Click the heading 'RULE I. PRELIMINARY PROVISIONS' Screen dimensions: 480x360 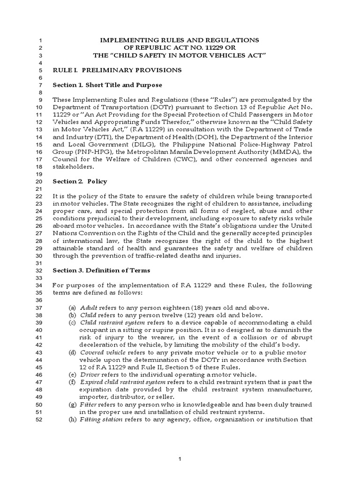point(117,70)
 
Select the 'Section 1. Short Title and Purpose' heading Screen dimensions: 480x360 point(107,85)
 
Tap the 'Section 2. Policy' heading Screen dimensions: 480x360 point(80,181)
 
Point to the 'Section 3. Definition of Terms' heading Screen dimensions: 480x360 point(101,270)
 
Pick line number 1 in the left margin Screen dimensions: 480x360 point(40,41)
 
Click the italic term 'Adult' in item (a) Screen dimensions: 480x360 point(88,308)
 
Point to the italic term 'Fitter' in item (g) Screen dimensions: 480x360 point(89,405)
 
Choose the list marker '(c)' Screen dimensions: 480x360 point(72,323)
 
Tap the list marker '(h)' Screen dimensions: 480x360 point(72,420)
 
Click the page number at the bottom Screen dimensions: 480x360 point(180,458)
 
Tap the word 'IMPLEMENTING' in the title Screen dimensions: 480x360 point(127,41)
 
